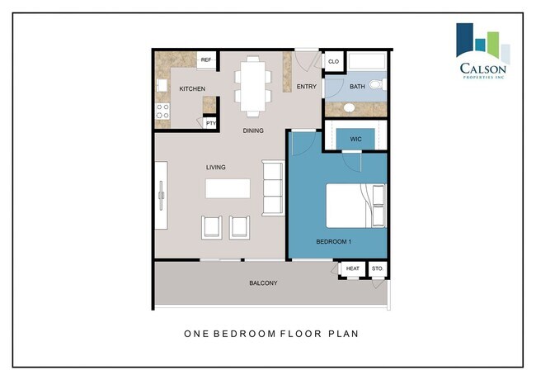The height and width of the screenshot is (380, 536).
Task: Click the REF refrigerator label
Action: [x=206, y=60]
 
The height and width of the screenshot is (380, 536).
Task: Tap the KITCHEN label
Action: [x=191, y=89]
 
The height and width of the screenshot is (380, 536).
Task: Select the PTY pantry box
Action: [x=211, y=124]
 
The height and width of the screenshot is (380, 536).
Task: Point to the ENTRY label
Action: [x=306, y=86]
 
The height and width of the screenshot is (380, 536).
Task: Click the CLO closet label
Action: [x=333, y=61]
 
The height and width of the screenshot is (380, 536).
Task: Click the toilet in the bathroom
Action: [x=377, y=85]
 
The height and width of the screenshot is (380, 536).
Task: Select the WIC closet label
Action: [x=356, y=139]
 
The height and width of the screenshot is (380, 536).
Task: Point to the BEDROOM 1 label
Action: [x=335, y=242]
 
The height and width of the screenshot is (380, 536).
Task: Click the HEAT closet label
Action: [x=352, y=269]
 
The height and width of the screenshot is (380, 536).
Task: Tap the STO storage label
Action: [x=378, y=269]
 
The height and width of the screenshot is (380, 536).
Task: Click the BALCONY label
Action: [x=263, y=283]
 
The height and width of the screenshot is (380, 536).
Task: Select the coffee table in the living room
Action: [x=227, y=189]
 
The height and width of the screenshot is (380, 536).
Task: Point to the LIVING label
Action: [x=216, y=168]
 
